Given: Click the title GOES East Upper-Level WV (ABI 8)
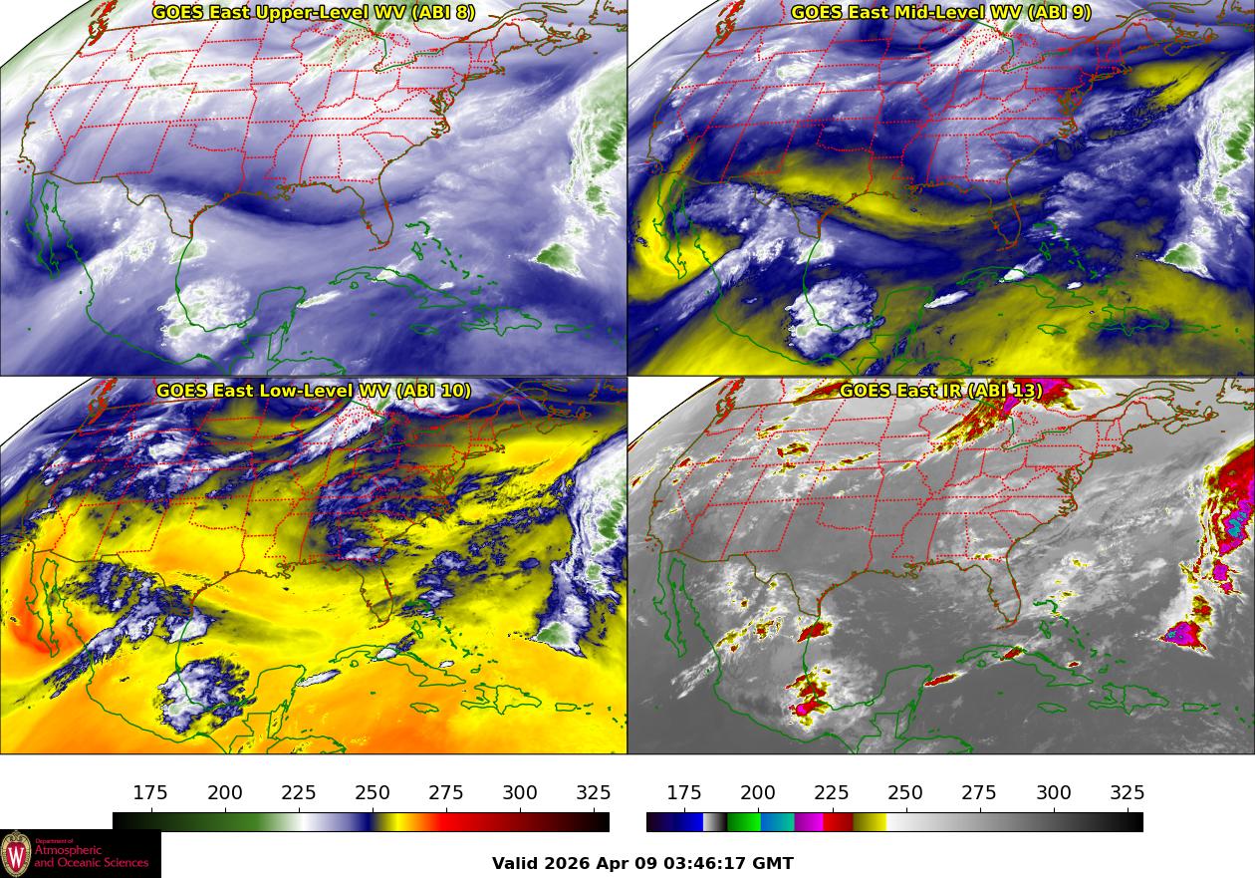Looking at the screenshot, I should tap(313, 13).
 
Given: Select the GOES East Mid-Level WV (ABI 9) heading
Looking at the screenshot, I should tap(940, 13).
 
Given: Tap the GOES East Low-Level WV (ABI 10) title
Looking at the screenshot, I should tap(313, 391).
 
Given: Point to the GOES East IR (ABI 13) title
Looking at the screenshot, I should tap(940, 391).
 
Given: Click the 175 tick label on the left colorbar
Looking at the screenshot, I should tap(150, 793).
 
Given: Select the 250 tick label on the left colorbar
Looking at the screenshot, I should tap(373, 793).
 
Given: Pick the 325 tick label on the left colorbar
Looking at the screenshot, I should tap(594, 793).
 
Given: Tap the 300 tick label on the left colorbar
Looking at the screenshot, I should tap(520, 793).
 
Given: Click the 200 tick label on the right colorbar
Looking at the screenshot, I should tap(758, 793).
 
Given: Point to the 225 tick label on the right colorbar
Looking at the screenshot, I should tap(832, 793).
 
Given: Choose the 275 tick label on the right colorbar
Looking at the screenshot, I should tap(979, 793).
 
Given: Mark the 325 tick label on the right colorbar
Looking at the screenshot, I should tap(1127, 793).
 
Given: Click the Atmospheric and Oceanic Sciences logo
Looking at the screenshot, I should tap(80, 854).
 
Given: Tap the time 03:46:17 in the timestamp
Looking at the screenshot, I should tap(702, 864).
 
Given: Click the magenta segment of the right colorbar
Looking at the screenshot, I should tap(808, 822).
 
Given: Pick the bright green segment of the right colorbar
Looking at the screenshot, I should tap(743, 822).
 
